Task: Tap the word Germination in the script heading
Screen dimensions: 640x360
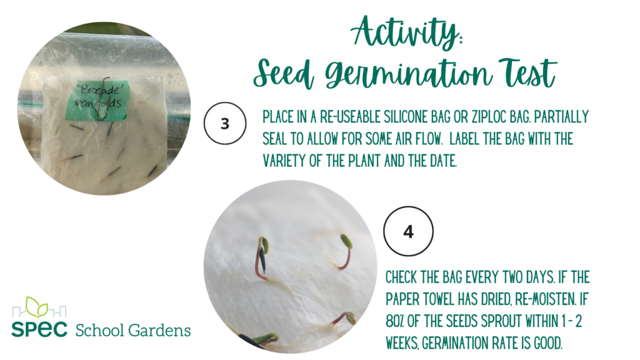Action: (x=409, y=74)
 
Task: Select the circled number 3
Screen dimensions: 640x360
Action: (x=225, y=123)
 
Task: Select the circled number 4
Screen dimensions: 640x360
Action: (x=408, y=231)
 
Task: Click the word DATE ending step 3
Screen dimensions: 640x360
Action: (x=443, y=161)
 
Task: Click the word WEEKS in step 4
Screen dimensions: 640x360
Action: (x=402, y=343)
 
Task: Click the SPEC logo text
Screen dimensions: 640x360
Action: (x=39, y=329)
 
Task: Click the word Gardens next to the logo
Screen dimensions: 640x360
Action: (x=159, y=330)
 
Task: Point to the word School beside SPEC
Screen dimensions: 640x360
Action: (x=100, y=330)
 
